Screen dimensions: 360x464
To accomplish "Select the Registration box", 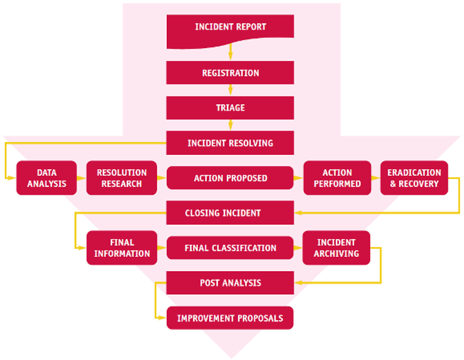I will [x=230, y=73].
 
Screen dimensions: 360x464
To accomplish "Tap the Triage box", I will [x=230, y=108].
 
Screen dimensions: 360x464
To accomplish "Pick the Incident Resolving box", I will [x=230, y=143].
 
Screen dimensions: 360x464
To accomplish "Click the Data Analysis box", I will [x=47, y=178].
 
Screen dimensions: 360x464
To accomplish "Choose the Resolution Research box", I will [x=121, y=178].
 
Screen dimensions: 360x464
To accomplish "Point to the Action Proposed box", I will [x=230, y=178].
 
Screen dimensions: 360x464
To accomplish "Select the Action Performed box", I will [x=337, y=178].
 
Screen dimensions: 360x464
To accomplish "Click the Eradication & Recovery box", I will [x=414, y=178].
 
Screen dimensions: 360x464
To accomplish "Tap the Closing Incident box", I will [x=230, y=213].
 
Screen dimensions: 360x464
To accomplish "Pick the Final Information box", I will [x=122, y=248].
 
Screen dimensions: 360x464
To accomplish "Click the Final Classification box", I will [x=230, y=248].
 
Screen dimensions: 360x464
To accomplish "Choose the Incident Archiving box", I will [x=336, y=248].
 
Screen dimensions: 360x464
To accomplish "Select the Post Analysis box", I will [x=230, y=283].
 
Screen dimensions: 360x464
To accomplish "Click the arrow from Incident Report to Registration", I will [x=230, y=53].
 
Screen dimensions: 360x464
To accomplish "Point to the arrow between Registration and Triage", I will [x=230, y=90].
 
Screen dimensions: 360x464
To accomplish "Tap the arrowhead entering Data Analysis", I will [x=13, y=178].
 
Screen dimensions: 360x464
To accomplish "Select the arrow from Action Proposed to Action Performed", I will [x=298, y=178].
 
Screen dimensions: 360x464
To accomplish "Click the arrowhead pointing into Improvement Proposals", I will [x=163, y=318].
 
